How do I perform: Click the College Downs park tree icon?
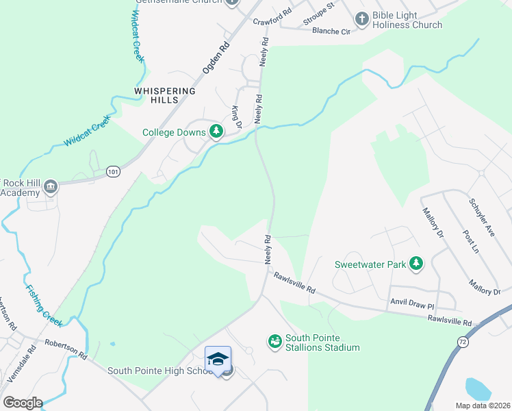pyautogui.click(x=216, y=131)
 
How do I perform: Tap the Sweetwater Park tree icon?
pyautogui.click(x=415, y=263)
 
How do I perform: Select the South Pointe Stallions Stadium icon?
pyautogui.click(x=274, y=340)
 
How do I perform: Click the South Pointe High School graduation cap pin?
pyautogui.click(x=218, y=359)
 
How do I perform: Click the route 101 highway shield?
pyautogui.click(x=113, y=172)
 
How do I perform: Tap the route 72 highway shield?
pyautogui.click(x=463, y=341)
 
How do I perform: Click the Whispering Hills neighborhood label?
pyautogui.click(x=165, y=95)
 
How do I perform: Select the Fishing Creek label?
pyautogui.click(x=44, y=304)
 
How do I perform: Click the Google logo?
pyautogui.click(x=23, y=402)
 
